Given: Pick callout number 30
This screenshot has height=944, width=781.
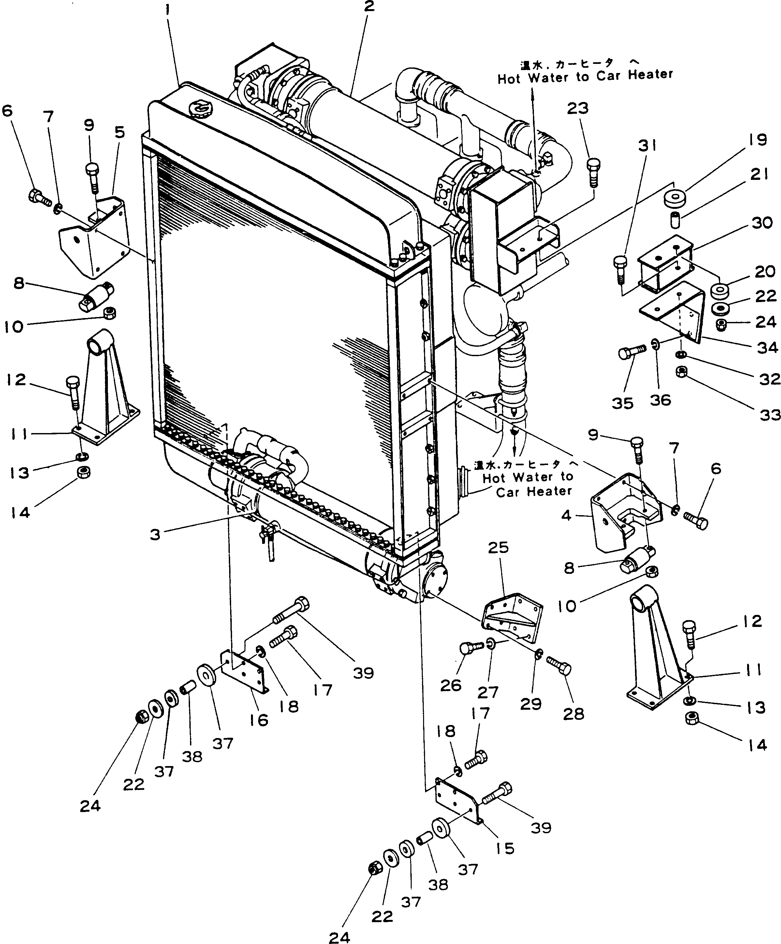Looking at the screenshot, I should [762, 223].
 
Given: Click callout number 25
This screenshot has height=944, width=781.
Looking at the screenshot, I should [498, 547].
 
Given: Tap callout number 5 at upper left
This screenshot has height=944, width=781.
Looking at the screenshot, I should [120, 133].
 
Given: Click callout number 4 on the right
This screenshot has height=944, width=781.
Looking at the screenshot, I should [567, 515].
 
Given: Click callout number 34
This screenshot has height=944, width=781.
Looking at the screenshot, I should [767, 347].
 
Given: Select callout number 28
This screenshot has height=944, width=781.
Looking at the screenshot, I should [573, 714].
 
